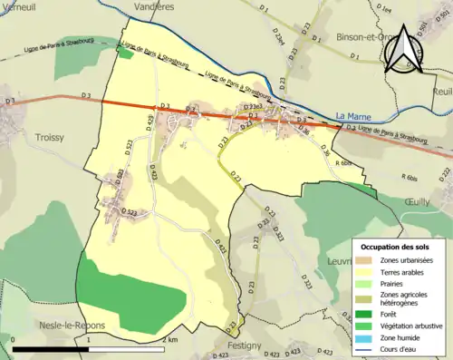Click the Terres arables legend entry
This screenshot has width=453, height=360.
pyautogui.click(x=409, y=270)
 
